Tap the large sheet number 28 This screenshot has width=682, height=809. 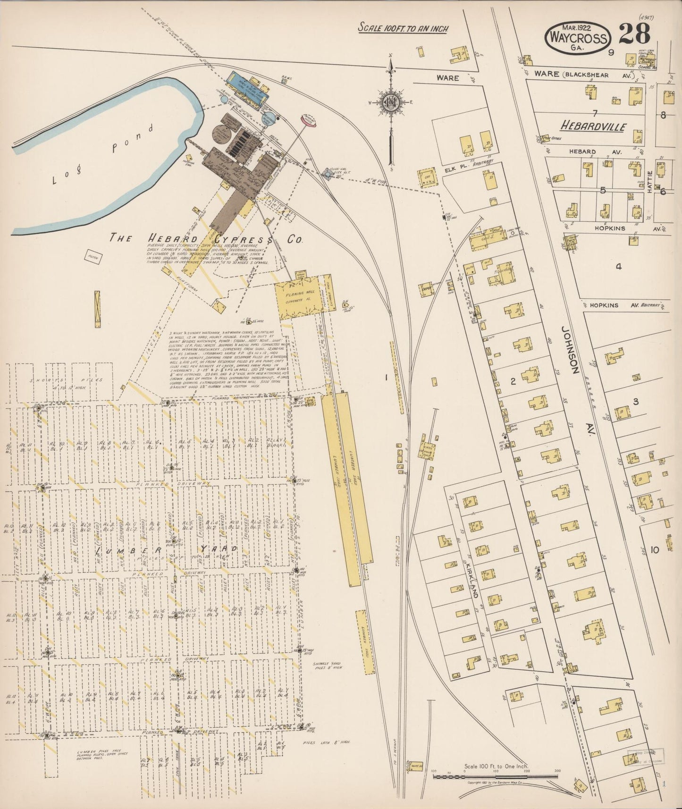tap(634, 34)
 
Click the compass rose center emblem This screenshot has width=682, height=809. tap(391, 101)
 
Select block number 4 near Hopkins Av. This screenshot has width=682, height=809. tap(618, 266)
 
